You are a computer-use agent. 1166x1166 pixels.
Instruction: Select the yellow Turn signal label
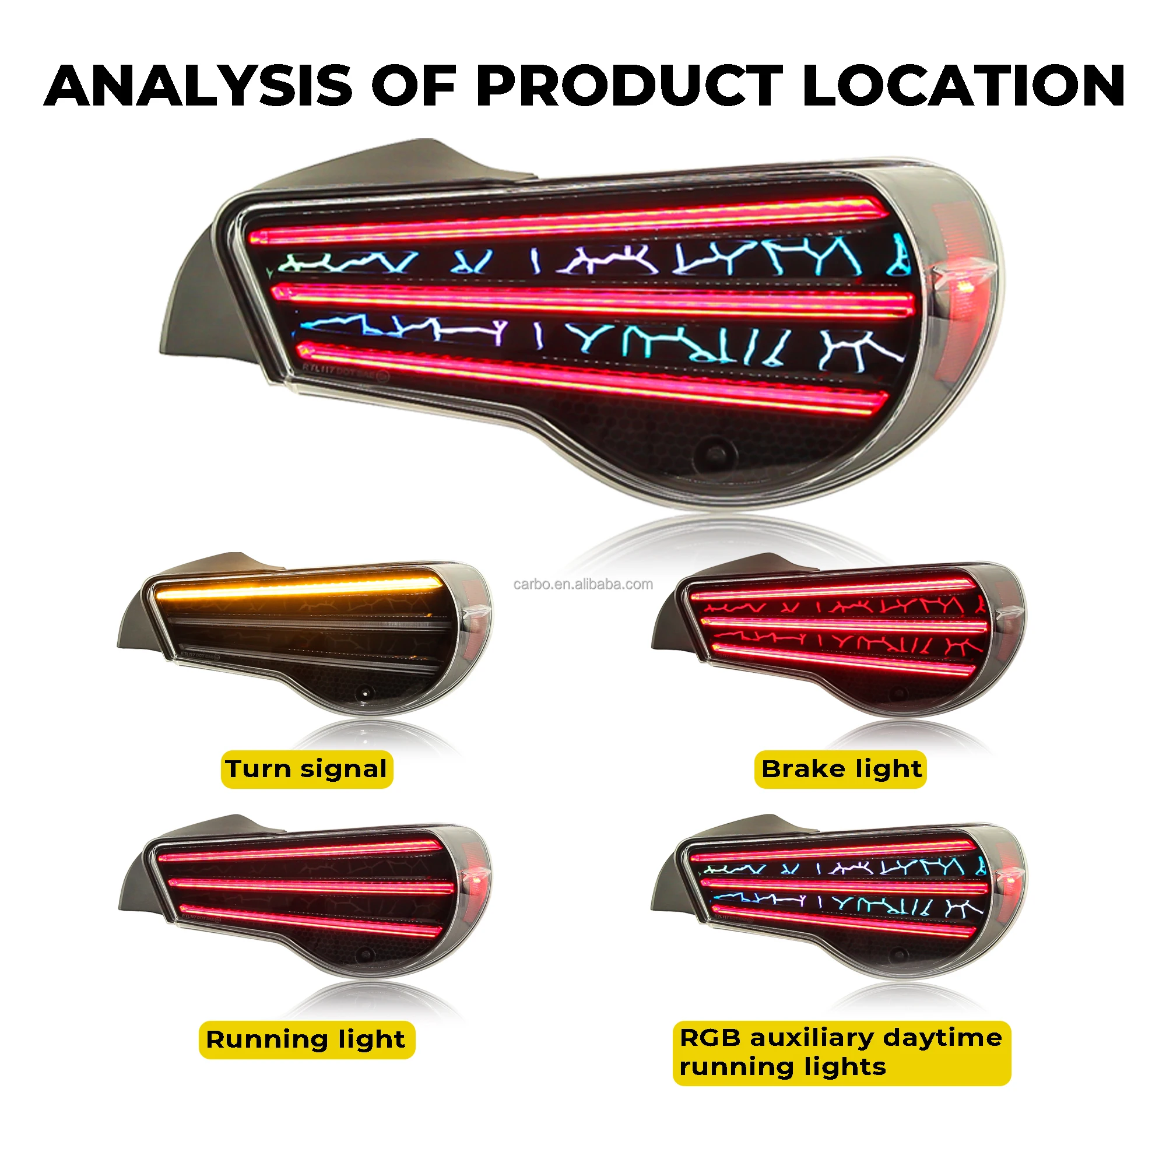click(x=307, y=770)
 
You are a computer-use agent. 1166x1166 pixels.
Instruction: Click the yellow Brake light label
click(x=841, y=770)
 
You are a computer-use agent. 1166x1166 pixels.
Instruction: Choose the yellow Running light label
click(x=307, y=1039)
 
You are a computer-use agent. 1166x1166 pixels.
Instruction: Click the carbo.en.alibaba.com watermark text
click(x=583, y=584)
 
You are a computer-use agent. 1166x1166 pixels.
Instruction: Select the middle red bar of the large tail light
click(x=591, y=298)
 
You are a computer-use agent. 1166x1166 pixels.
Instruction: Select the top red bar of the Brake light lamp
click(x=833, y=588)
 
